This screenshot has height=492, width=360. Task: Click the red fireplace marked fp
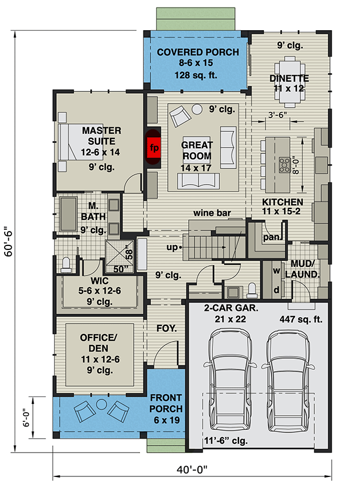(153, 147)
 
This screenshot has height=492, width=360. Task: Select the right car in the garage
(287, 377)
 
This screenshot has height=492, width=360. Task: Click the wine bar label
(212, 213)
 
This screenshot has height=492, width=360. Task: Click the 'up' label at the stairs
(172, 247)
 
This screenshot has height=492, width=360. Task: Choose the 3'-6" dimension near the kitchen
(277, 115)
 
